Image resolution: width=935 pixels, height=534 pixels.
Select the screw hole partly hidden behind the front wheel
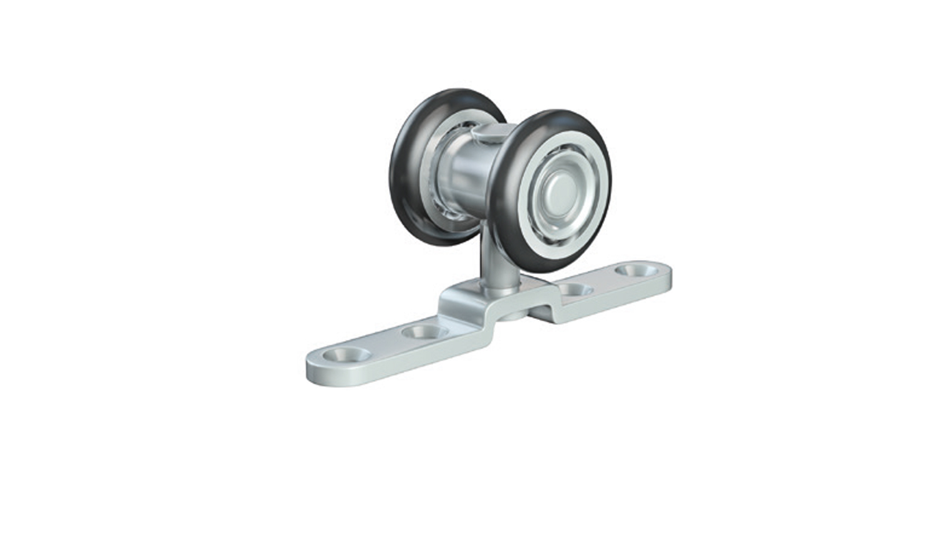click(573, 289)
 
